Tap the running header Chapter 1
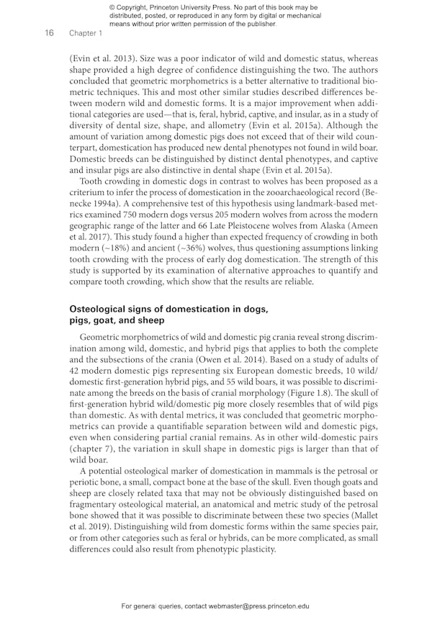click(x=86, y=33)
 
